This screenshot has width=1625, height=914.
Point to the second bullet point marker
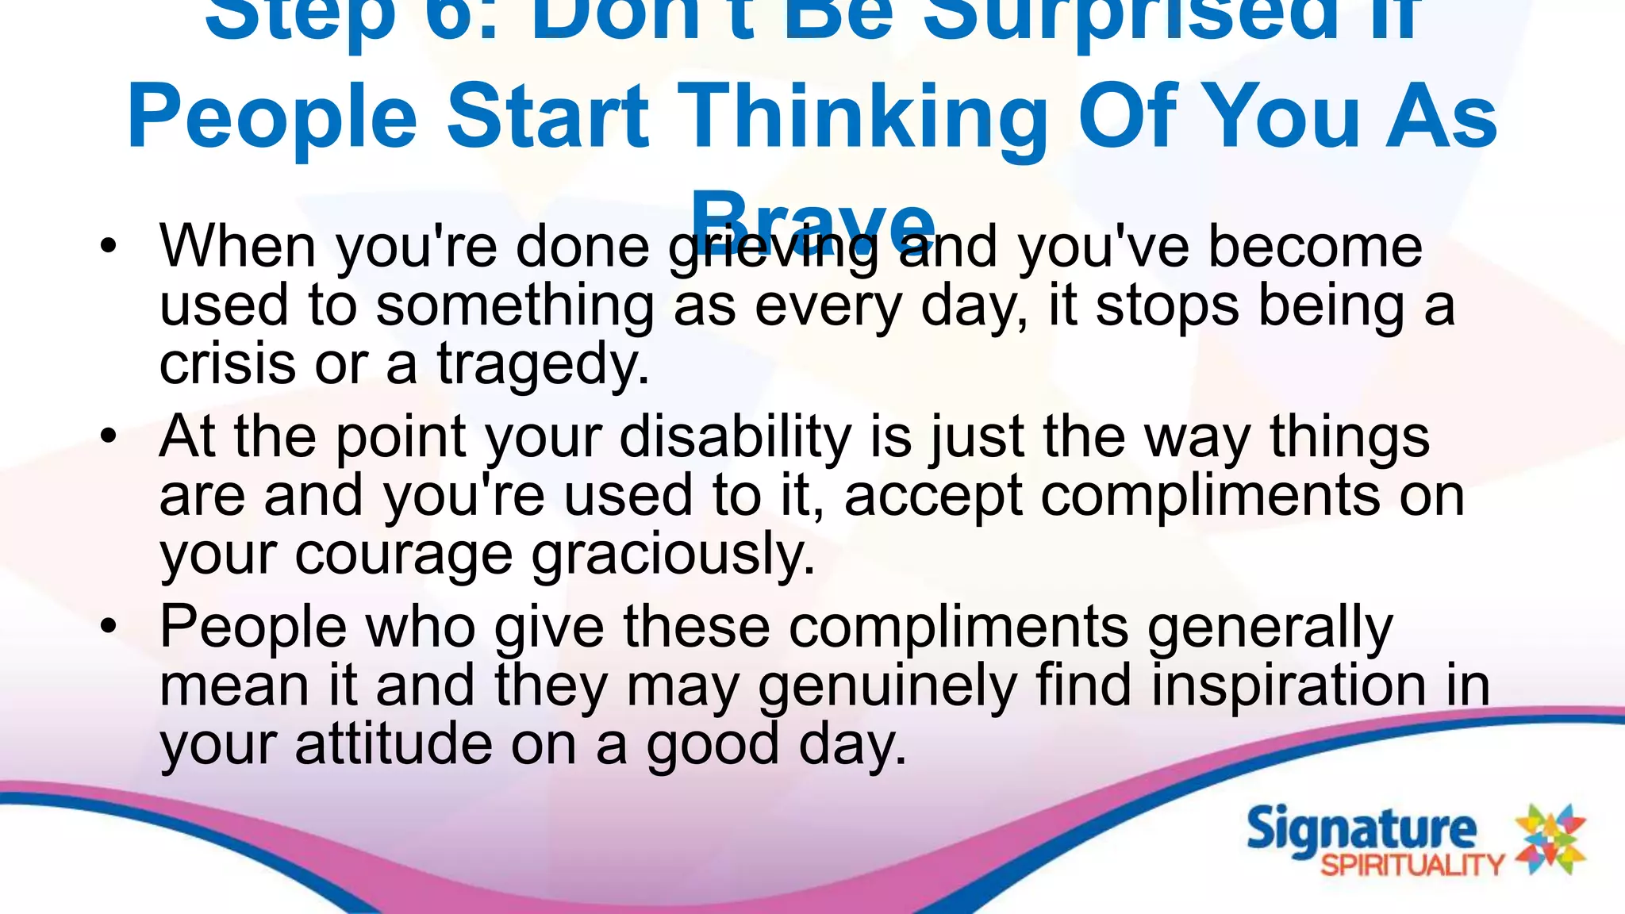[109, 436]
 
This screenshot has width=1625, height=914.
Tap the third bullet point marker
[109, 626]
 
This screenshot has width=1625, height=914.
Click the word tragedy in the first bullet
[543, 364]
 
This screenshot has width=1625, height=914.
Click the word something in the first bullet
[514, 305]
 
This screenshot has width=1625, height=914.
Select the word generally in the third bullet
[1270, 627]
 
